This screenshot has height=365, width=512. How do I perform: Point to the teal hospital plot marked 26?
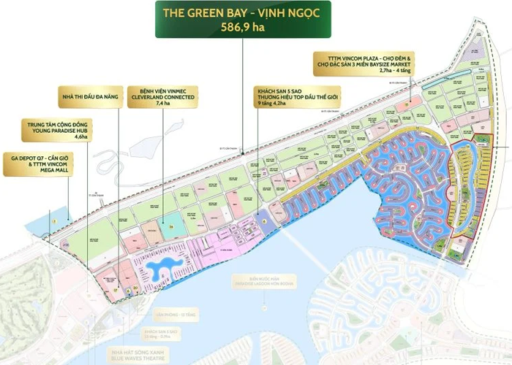point(170,227)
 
